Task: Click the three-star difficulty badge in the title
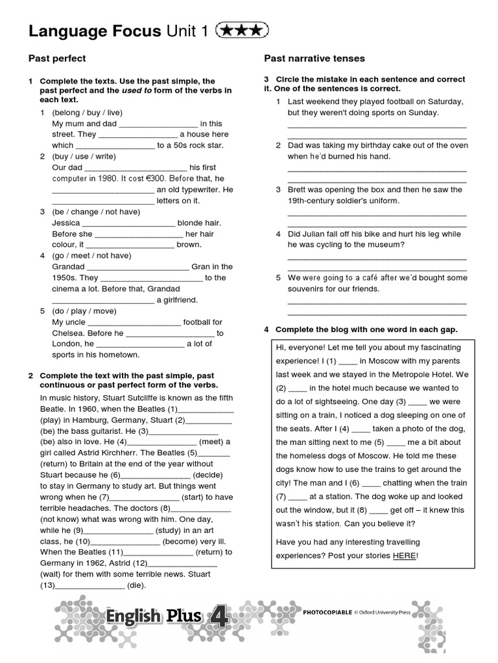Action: (241, 30)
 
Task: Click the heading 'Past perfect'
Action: (57, 59)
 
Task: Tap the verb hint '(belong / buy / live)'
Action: (88, 113)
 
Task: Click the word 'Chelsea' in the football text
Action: (67, 333)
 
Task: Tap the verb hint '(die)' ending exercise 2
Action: (137, 585)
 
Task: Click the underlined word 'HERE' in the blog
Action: (404, 556)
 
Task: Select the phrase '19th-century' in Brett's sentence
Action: (311, 201)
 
